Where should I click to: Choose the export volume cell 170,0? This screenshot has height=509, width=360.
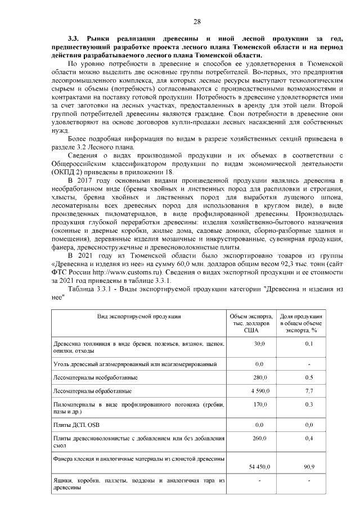(259, 404)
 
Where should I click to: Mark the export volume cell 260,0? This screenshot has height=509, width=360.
(259, 438)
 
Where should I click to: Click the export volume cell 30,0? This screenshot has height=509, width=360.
(259, 343)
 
